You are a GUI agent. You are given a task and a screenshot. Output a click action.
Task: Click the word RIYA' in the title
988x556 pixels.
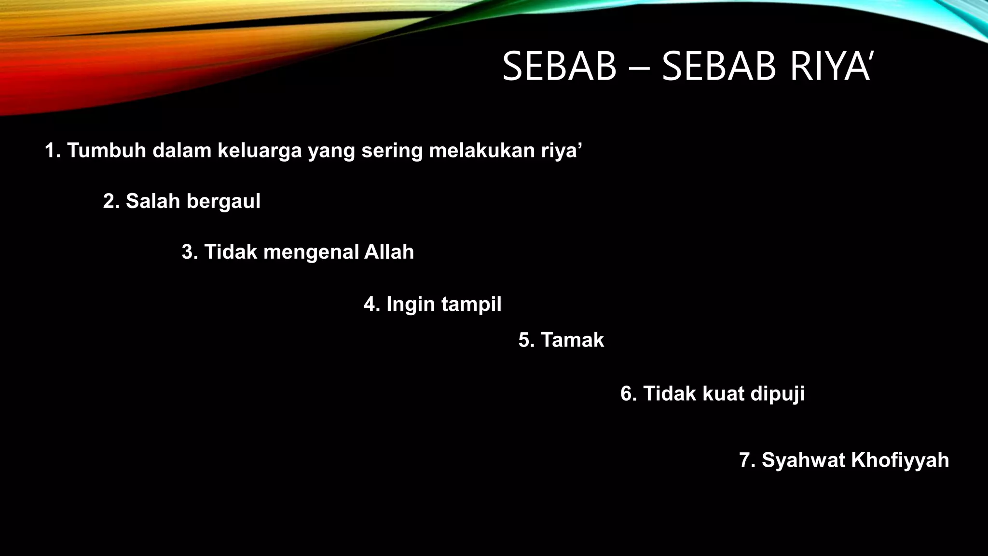830,67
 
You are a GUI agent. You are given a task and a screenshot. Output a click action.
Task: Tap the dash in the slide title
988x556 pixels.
639,69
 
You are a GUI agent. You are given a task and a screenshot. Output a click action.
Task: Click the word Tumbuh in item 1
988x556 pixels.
106,151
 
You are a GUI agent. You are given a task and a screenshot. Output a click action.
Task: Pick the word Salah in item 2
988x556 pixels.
153,201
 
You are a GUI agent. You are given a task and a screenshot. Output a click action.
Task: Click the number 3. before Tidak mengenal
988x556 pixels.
190,252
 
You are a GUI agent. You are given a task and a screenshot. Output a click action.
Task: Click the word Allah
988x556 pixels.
389,252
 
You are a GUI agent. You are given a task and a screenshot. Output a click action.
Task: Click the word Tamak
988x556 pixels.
572,340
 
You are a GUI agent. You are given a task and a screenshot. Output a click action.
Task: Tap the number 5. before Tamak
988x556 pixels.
527,340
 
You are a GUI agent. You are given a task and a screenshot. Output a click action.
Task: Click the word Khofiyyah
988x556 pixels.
900,460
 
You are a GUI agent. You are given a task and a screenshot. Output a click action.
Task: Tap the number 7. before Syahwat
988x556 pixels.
748,460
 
